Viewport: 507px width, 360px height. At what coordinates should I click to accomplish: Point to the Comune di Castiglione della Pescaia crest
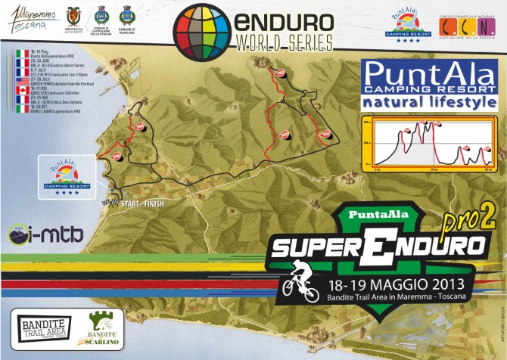[100, 15]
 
